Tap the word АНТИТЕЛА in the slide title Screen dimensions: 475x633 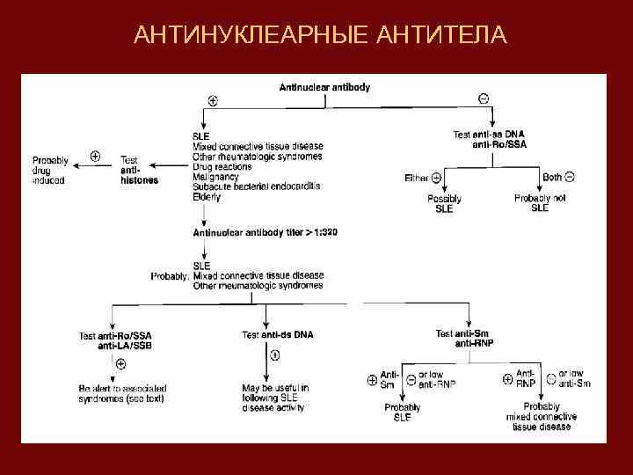pos(440,35)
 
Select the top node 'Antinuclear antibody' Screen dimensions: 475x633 pos(324,87)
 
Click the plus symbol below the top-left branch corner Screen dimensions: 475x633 pos(213,101)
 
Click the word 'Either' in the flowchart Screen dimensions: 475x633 pos(417,178)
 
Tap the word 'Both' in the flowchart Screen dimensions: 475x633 pos(552,177)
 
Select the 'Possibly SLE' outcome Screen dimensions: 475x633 pos(444,204)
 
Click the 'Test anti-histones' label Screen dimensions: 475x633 pos(139,171)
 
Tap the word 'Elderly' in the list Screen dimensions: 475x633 pos(207,198)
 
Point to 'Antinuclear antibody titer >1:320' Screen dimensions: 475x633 pos(265,232)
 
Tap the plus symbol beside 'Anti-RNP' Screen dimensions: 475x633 pos(507,379)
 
